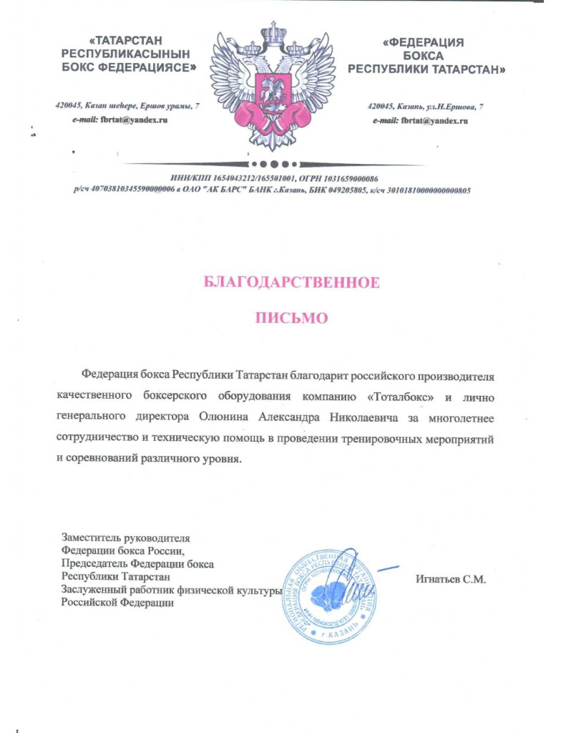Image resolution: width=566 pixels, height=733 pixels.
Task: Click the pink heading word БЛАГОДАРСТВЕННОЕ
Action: point(291,282)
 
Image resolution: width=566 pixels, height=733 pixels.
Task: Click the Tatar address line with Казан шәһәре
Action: point(127,106)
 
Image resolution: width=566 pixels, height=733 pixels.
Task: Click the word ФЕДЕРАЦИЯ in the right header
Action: point(424,42)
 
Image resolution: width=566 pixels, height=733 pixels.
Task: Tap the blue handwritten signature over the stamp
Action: point(361,583)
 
